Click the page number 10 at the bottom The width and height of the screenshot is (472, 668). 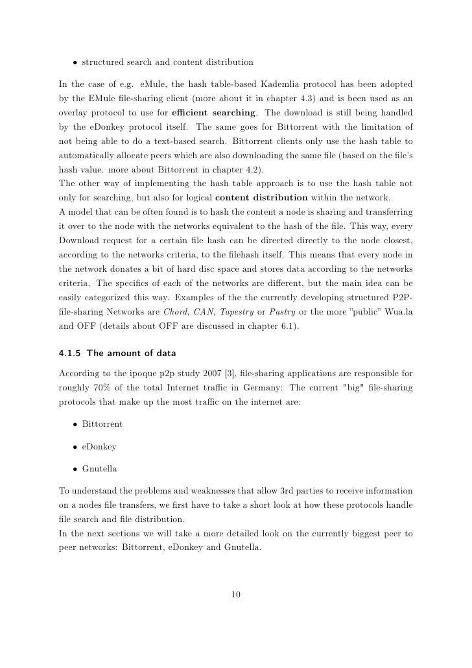pos(236,593)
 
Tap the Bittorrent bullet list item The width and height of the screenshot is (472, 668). pos(102,423)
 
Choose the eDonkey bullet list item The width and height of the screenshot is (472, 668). pos(99,446)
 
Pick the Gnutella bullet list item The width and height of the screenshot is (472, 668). pos(100,469)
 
